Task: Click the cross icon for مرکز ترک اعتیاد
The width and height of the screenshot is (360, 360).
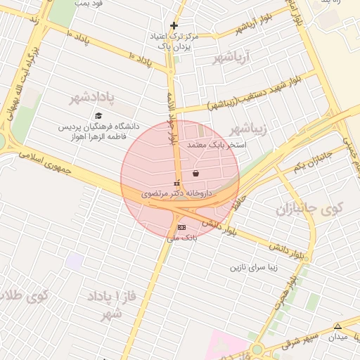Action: tap(174, 25)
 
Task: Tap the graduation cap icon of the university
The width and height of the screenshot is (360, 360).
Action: tap(98, 115)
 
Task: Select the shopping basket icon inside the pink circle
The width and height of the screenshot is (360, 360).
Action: tap(195, 173)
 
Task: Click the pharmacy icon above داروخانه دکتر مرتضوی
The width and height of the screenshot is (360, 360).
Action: tap(176, 183)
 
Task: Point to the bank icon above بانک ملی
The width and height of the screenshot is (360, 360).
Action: tap(182, 227)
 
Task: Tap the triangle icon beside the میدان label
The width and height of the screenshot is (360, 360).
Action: tap(337, 326)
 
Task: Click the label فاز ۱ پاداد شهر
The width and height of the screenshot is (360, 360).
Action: tap(108, 304)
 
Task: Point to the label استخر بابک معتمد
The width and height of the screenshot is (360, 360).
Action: tap(215, 144)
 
